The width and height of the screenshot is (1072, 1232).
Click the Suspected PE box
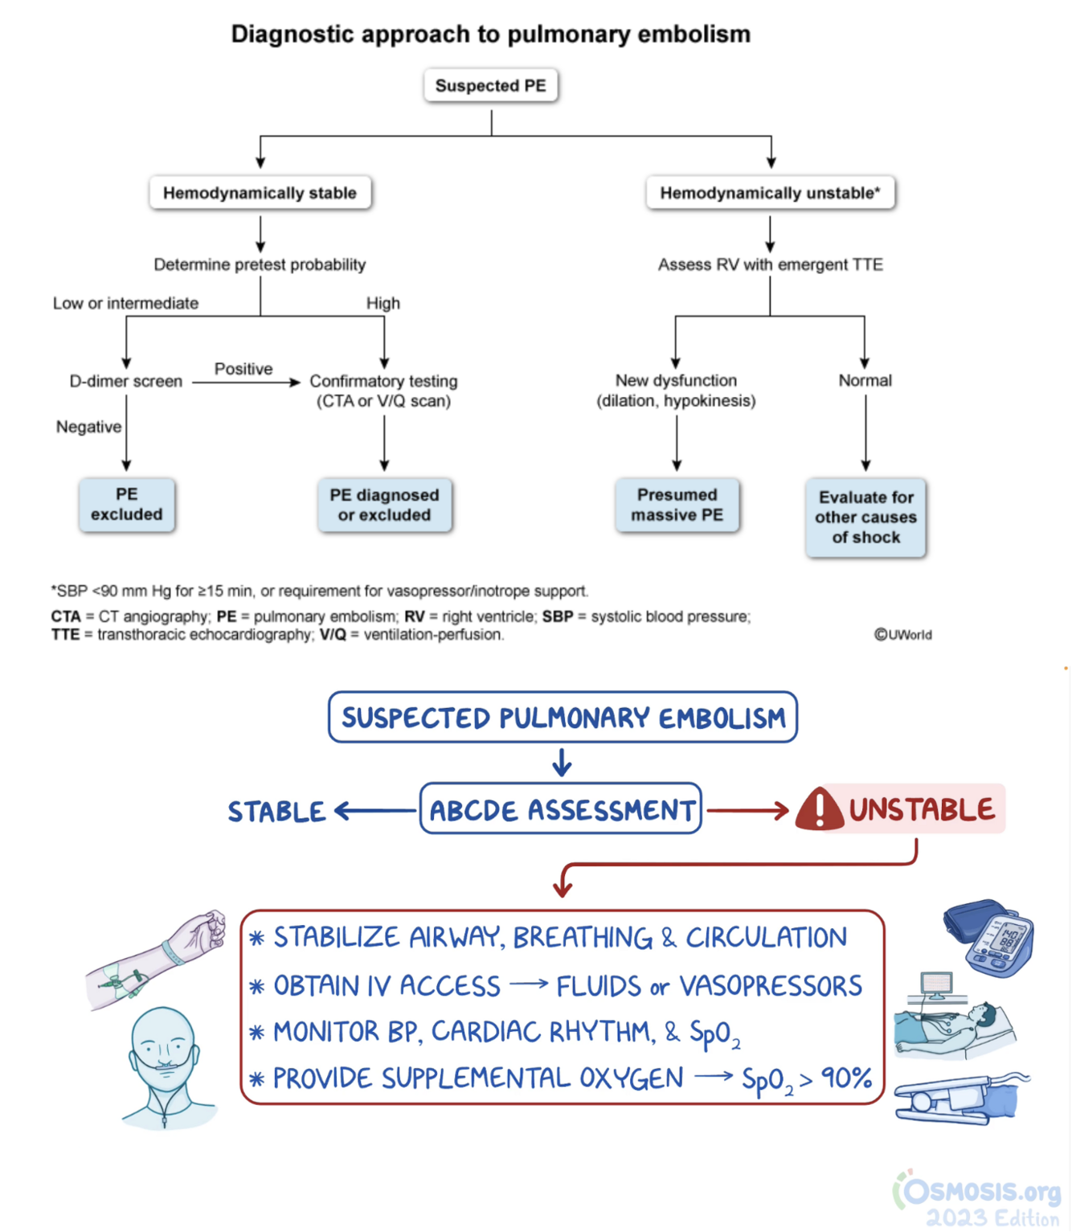coord(490,85)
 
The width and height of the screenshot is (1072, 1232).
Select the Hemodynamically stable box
coord(260,193)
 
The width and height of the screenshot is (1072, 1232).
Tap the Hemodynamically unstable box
coord(770,193)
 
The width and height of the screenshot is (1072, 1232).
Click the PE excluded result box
coord(126,505)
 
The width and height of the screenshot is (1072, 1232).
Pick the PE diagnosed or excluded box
coord(384,505)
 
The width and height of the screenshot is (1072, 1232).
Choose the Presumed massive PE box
coord(677,505)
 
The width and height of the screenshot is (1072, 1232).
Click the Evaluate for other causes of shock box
coord(865,517)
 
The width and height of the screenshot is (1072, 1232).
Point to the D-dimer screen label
coord(126,381)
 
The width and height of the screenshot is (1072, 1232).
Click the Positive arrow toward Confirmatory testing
coord(245,383)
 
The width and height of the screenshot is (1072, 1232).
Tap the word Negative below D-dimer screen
coord(88,427)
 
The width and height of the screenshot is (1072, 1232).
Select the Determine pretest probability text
coord(260,264)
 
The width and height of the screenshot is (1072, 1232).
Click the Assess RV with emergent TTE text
coord(770,264)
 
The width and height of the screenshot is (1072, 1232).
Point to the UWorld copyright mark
coord(902,634)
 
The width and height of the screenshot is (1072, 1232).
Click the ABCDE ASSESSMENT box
coord(561,809)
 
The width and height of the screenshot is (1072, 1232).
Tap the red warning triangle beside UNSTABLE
coord(818,809)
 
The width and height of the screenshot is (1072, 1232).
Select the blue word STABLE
coord(276,812)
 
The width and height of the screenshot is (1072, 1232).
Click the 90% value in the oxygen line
coord(846,1078)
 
